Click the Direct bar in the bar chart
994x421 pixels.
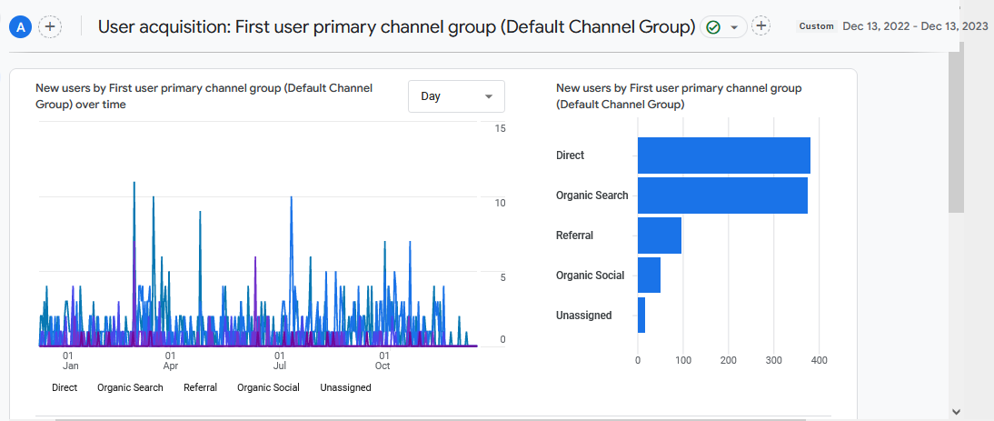[723, 155]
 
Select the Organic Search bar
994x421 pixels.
[722, 195]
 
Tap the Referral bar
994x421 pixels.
[659, 236]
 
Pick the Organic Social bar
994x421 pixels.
[649, 276]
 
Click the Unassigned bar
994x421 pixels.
[641, 316]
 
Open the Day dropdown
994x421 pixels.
[456, 96]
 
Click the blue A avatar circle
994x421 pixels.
[21, 26]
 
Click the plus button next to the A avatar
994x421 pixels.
[50, 26]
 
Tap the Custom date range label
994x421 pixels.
[816, 26]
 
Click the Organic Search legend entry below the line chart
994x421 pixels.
[130, 387]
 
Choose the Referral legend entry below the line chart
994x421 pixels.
[200, 387]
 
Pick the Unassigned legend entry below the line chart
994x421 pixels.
[345, 387]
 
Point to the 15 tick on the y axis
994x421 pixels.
[500, 129]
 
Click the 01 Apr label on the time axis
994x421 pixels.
[170, 361]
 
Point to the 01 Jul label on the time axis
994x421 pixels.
[280, 361]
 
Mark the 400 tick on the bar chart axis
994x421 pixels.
[819, 361]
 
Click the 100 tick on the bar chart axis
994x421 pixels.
[682, 361]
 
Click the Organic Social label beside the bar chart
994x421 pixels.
[590, 276]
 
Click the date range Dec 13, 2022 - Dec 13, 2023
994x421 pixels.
[915, 26]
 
